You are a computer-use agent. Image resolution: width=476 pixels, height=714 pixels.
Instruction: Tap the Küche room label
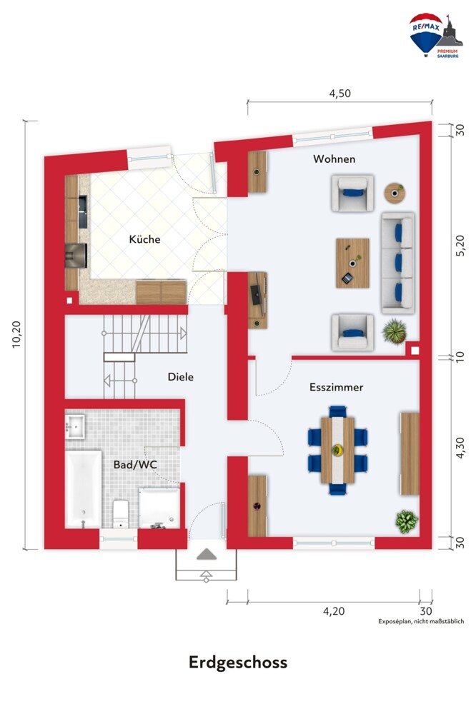coord(144,239)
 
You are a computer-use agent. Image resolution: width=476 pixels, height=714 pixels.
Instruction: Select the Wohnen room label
coord(334,159)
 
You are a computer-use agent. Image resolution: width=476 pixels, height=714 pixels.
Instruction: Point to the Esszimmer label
coord(336,388)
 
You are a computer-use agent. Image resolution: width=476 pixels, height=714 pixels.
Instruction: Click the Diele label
coord(181,377)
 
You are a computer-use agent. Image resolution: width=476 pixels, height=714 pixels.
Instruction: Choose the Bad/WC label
coord(135,465)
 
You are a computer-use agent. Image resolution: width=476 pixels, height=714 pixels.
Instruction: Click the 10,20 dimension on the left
coord(17,335)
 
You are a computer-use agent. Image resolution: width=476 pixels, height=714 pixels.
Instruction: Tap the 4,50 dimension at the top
coord(340,94)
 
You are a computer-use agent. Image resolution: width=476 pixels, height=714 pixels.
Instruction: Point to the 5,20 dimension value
coord(460,246)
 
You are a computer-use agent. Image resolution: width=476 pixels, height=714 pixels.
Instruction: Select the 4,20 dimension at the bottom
coord(334,611)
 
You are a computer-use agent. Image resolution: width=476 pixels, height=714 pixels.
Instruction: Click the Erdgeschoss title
coord(238,663)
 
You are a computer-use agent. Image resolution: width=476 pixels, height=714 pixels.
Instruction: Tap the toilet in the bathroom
coord(121,513)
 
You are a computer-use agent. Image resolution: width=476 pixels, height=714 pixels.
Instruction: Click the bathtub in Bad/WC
coord(84,489)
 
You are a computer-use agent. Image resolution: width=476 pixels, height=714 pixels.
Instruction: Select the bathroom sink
coord(75,427)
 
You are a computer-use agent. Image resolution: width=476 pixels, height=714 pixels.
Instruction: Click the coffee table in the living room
coord(352,263)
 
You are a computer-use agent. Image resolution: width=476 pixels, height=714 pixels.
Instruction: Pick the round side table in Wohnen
coord(395,193)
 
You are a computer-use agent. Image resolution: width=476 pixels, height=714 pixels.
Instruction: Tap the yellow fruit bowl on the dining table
coord(337,451)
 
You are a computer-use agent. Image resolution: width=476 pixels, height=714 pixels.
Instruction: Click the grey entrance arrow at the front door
coord(207,554)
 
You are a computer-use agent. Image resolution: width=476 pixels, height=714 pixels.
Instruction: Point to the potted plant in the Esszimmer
coord(407,521)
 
